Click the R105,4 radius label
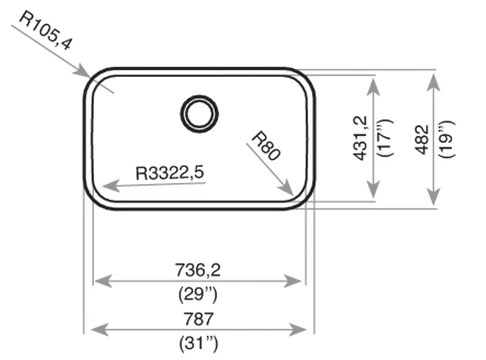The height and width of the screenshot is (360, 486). pyautogui.click(x=46, y=31)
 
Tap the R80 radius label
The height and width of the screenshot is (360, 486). pyautogui.click(x=266, y=146)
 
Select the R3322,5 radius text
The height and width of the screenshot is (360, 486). pyautogui.click(x=170, y=173)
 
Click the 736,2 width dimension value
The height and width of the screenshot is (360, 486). pyautogui.click(x=198, y=270)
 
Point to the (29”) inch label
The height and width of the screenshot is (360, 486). pyautogui.click(x=198, y=294)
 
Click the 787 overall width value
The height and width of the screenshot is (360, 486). pyautogui.click(x=198, y=319)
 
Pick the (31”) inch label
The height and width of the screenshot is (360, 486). pyautogui.click(x=199, y=343)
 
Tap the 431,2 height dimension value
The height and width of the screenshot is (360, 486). pyautogui.click(x=360, y=138)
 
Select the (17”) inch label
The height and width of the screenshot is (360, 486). pyautogui.click(x=384, y=138)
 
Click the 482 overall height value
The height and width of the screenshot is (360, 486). pyautogui.click(x=422, y=139)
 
